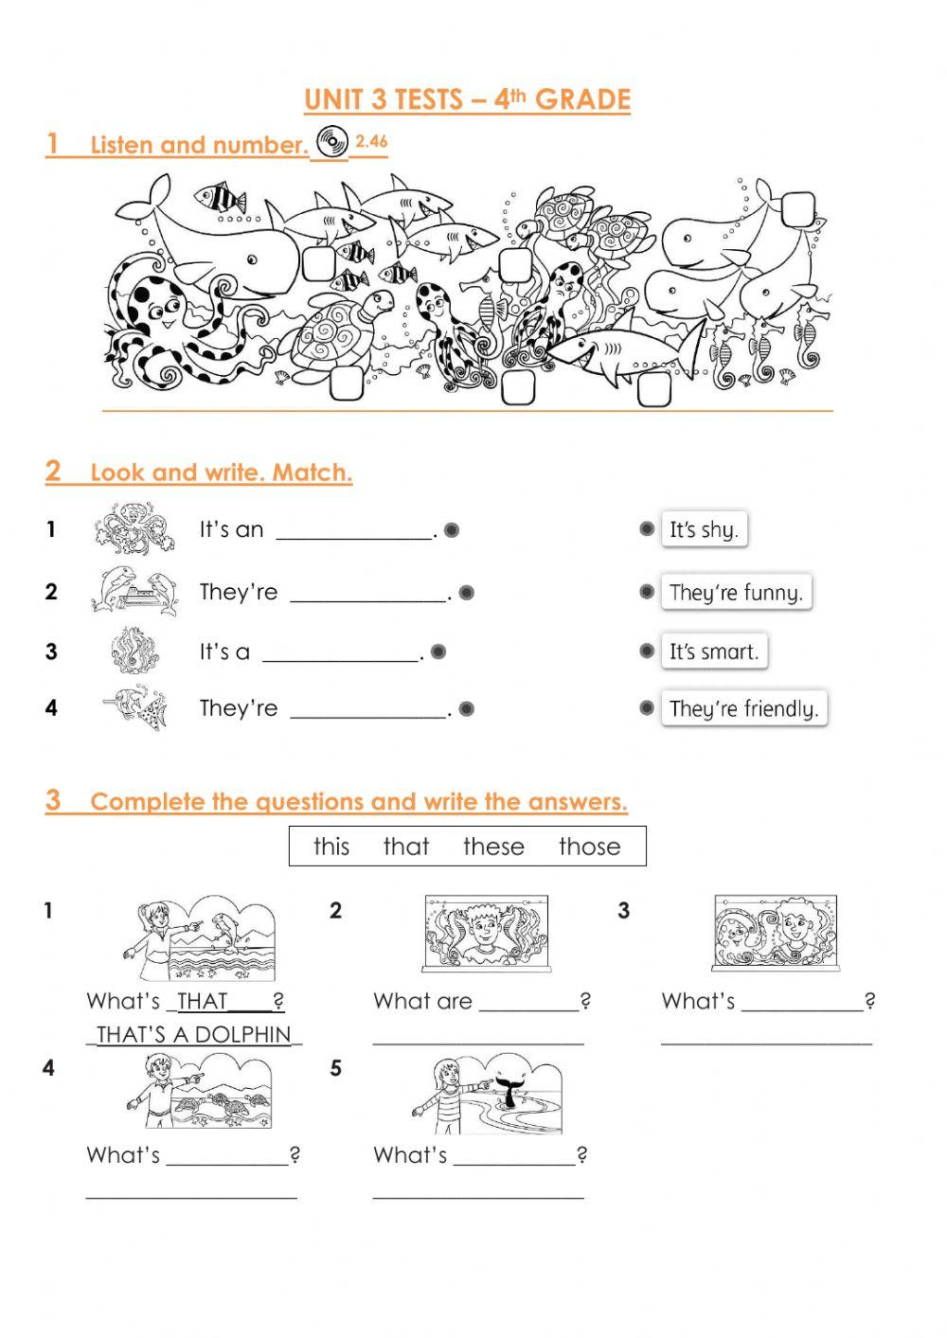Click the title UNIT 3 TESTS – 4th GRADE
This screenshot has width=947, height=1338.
tap(467, 99)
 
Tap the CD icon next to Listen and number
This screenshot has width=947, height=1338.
tap(331, 142)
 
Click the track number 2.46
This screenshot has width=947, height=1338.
tap(371, 141)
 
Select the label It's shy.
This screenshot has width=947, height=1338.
tap(703, 529)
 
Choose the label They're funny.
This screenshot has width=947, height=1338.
tap(736, 593)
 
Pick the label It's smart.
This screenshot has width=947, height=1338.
tap(713, 651)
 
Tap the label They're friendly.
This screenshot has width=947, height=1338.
tap(743, 708)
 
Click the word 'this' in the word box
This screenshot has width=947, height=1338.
tap(331, 847)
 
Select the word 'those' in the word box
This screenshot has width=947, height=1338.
tap(589, 847)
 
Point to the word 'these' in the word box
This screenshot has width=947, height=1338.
tap(493, 847)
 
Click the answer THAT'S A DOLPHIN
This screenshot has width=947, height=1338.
tap(194, 1034)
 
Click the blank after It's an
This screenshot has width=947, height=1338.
tap(354, 531)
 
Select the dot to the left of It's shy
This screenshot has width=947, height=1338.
tap(647, 528)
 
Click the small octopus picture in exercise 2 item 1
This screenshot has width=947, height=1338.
tap(134, 529)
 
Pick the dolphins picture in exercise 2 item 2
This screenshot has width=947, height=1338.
tap(134, 591)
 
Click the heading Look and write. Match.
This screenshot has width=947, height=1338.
tap(221, 472)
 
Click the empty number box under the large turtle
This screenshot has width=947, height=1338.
tap(345, 383)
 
